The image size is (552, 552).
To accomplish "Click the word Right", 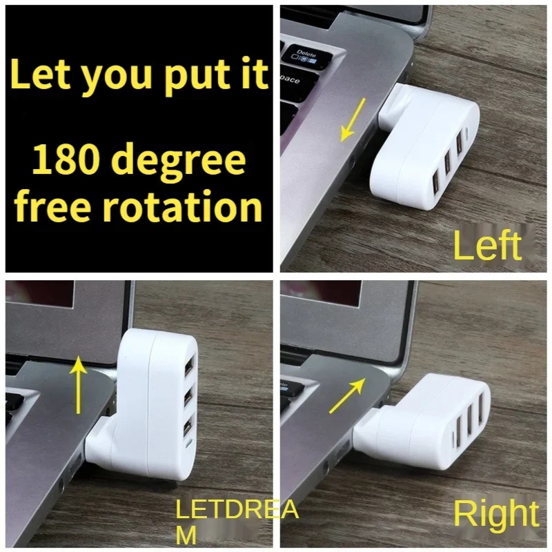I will tap(495, 514).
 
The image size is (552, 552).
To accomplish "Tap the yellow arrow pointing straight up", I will tap(80, 384).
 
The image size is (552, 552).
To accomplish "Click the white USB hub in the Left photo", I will tap(428, 148).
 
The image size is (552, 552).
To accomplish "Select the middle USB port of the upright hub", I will tap(188, 398).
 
